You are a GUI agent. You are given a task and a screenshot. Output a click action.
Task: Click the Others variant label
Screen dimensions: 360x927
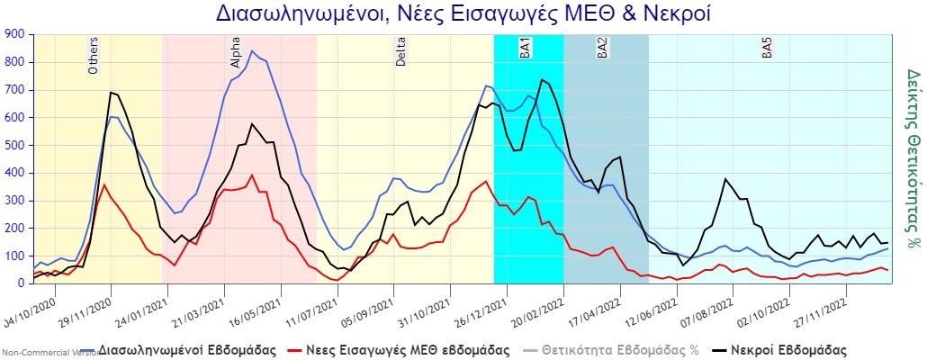[x=94, y=56]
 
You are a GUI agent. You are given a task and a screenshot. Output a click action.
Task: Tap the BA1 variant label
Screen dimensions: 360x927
[x=525, y=49]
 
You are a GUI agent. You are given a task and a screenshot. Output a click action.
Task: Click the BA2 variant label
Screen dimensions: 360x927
[x=602, y=49]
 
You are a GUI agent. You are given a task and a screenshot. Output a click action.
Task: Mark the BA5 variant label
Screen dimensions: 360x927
[x=767, y=49]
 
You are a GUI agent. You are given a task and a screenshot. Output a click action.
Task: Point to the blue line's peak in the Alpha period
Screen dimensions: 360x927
[x=251, y=51]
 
